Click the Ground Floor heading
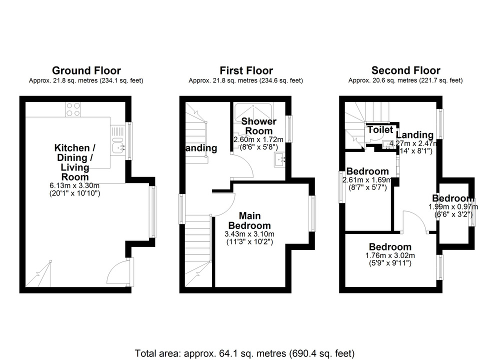tap(86, 70)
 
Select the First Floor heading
tap(245, 70)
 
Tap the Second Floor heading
tap(405, 70)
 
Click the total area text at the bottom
tap(245, 353)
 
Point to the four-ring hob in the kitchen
tap(73, 109)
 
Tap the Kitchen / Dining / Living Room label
tap(75, 162)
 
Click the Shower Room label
tap(259, 126)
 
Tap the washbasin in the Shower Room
tap(279, 159)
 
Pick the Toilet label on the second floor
tap(380, 129)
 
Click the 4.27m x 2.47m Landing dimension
tap(412, 143)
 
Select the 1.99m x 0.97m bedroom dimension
tap(451, 207)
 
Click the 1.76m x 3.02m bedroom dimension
tap(390, 255)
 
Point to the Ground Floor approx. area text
tap(86, 80)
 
